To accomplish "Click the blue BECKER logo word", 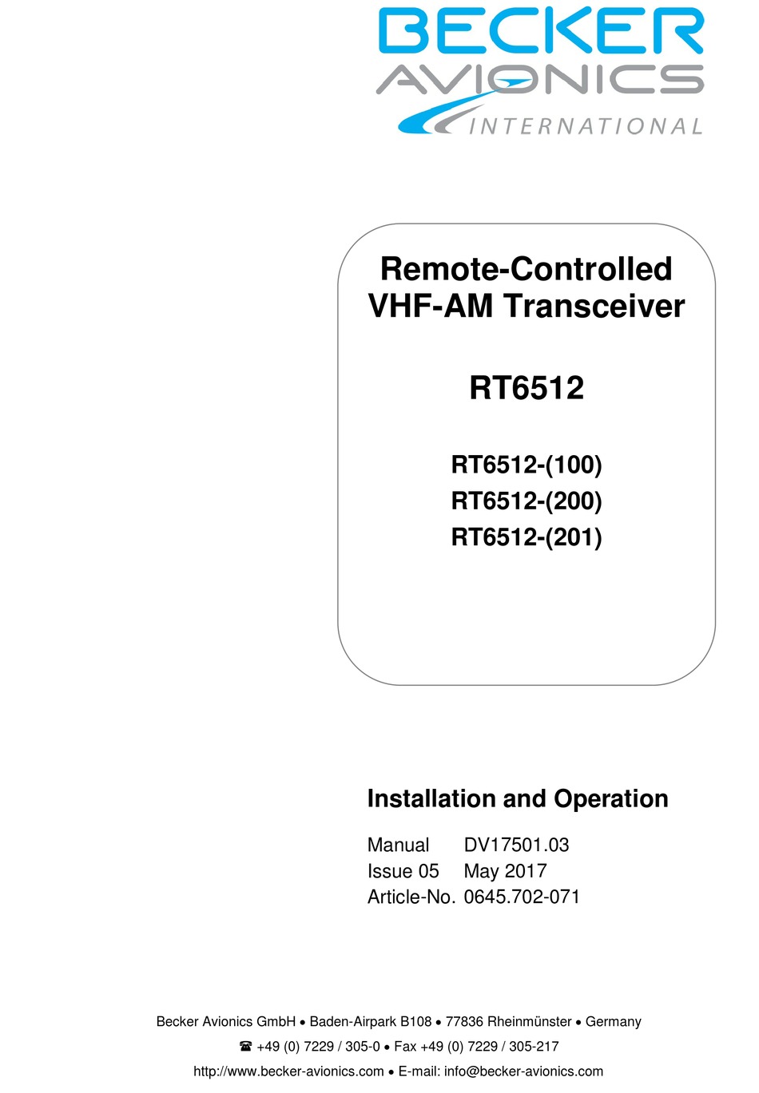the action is pyautogui.click(x=541, y=30).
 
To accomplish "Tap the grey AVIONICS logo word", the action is pyautogui.click(x=540, y=79).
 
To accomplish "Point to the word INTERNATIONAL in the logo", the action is pyautogui.click(x=585, y=126).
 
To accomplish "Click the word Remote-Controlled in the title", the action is pyautogui.click(x=526, y=269).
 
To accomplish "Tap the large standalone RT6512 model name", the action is pyautogui.click(x=527, y=388).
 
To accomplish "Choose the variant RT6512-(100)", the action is pyautogui.click(x=527, y=465).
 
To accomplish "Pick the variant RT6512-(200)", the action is pyautogui.click(x=527, y=501).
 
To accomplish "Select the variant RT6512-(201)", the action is pyautogui.click(x=527, y=537).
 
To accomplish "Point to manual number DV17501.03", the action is pyautogui.click(x=516, y=845).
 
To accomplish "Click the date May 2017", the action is pyautogui.click(x=505, y=872).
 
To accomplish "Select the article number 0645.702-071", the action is pyautogui.click(x=522, y=897).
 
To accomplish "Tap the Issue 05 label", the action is pyautogui.click(x=403, y=871).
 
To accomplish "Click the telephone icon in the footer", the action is pyautogui.click(x=245, y=1046).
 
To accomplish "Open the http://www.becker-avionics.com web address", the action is pyautogui.click(x=288, y=1071).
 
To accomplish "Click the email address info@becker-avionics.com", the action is pyautogui.click(x=523, y=1071).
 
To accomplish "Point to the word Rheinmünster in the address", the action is pyautogui.click(x=530, y=1022).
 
